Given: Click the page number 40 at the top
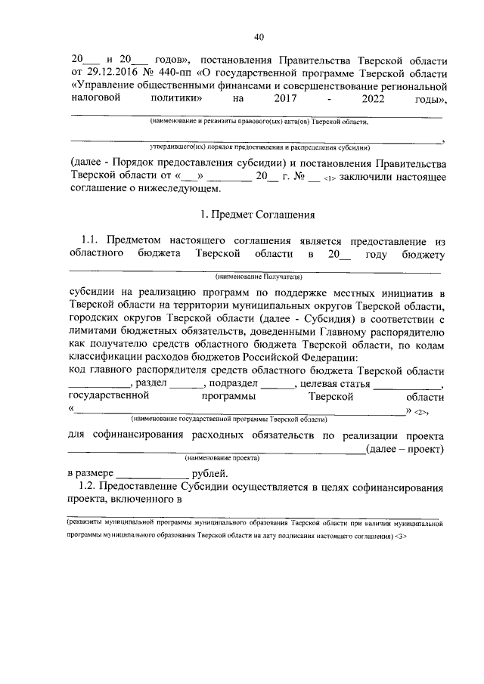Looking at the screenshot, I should [x=259, y=37].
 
